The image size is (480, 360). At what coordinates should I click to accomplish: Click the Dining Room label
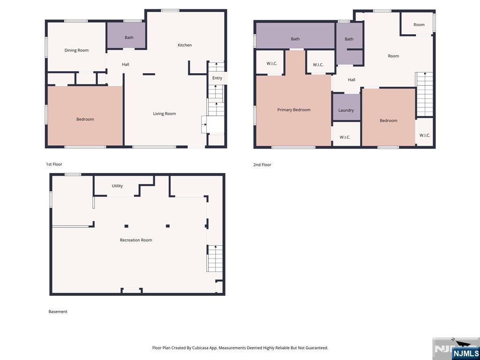(x=76, y=50)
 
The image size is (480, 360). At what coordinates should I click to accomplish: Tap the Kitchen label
(x=185, y=45)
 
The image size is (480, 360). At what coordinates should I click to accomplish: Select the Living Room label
(x=165, y=113)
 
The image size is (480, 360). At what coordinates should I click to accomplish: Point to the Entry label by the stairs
(x=217, y=78)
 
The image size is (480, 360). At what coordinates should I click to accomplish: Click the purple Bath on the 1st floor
(x=126, y=35)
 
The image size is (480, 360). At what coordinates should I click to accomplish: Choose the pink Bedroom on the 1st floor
(x=85, y=116)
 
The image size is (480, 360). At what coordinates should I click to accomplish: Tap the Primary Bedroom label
(x=294, y=110)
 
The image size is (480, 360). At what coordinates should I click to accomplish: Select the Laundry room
(x=346, y=107)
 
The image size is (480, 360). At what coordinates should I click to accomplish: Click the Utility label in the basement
(x=117, y=186)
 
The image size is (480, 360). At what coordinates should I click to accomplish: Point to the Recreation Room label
(x=136, y=240)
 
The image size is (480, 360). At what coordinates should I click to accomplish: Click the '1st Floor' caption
(x=54, y=165)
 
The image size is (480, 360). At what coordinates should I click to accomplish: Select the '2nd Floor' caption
(x=262, y=165)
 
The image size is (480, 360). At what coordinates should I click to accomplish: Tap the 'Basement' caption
(x=58, y=312)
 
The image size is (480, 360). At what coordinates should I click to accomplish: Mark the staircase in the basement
(x=215, y=258)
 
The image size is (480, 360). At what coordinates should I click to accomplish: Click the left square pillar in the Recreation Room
(x=126, y=226)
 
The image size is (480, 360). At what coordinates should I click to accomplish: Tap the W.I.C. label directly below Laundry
(x=345, y=137)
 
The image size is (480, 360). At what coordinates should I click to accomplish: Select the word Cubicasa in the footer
(x=200, y=348)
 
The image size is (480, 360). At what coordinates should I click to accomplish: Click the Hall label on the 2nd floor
(x=352, y=80)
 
